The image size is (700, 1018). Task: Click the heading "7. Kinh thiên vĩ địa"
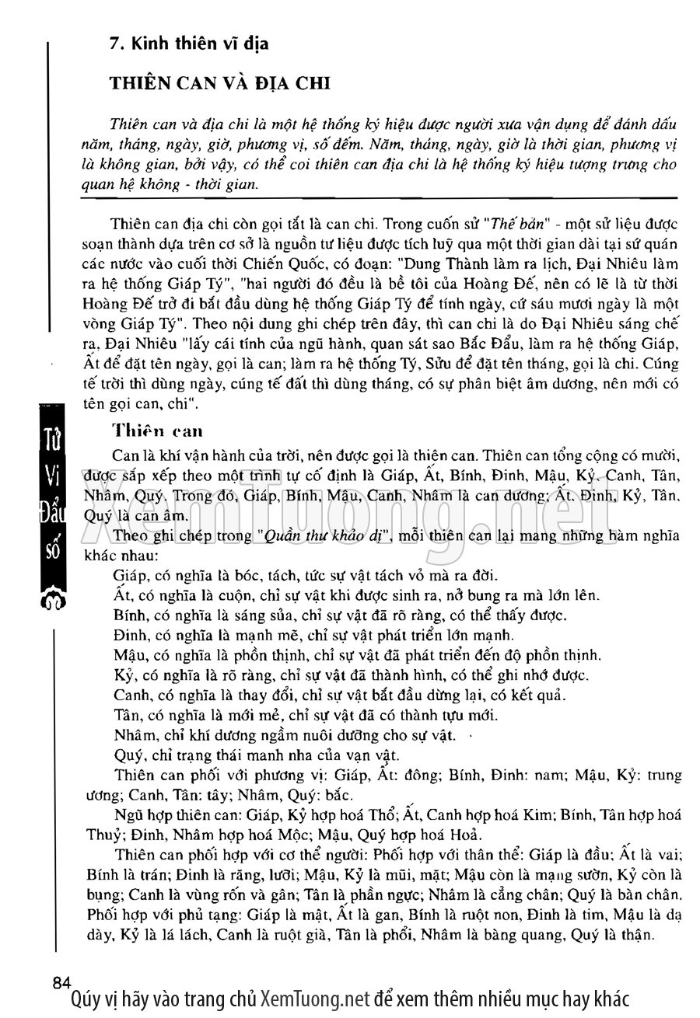(x=190, y=44)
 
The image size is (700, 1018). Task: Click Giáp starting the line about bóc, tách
(x=129, y=577)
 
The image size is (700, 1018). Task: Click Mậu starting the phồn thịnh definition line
(x=129, y=655)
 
